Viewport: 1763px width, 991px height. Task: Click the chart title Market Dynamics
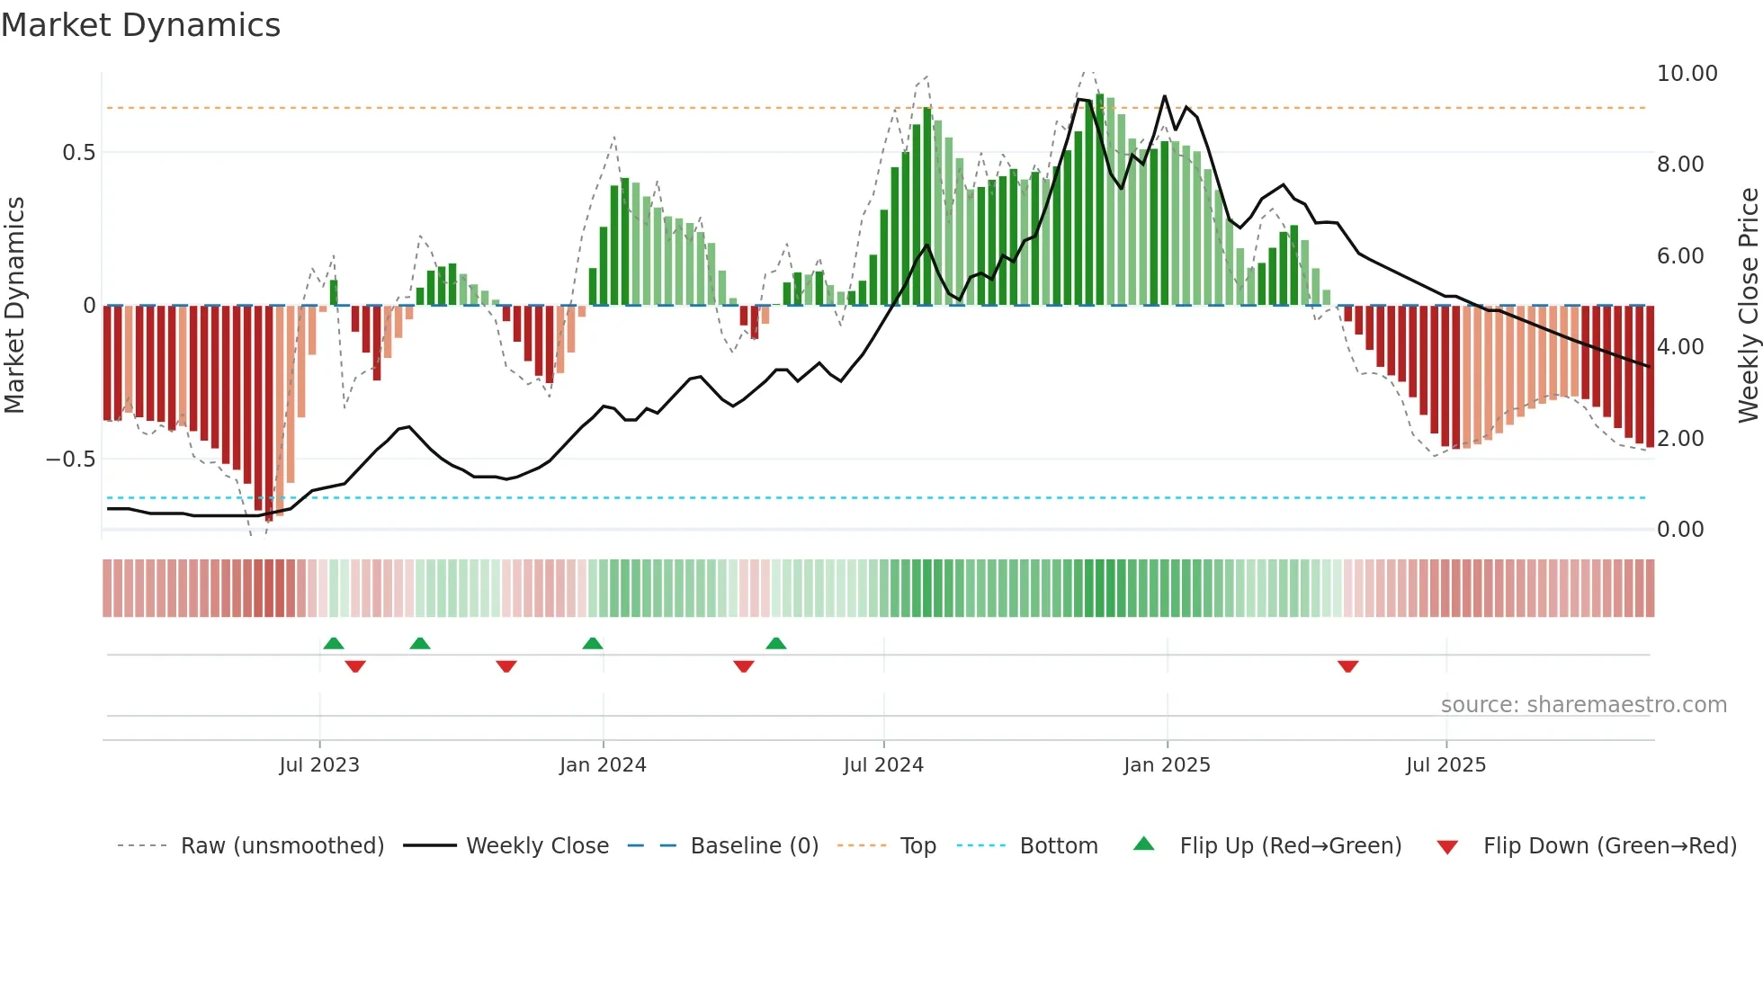(140, 25)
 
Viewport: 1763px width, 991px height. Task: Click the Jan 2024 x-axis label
(603, 765)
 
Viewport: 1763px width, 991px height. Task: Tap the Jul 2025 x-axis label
(1445, 765)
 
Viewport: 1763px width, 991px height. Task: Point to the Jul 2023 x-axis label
(319, 765)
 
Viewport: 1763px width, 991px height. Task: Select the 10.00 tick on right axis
(1687, 74)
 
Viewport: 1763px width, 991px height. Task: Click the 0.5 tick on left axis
(78, 153)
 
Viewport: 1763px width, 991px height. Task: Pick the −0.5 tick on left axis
(71, 460)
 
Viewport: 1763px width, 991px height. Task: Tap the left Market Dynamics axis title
(14, 306)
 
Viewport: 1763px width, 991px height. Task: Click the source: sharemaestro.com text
(1583, 705)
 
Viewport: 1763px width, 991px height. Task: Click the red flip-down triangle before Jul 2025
(1347, 666)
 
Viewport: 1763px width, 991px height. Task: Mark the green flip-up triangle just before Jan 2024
(592, 643)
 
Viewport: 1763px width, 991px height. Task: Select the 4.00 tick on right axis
(1679, 347)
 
